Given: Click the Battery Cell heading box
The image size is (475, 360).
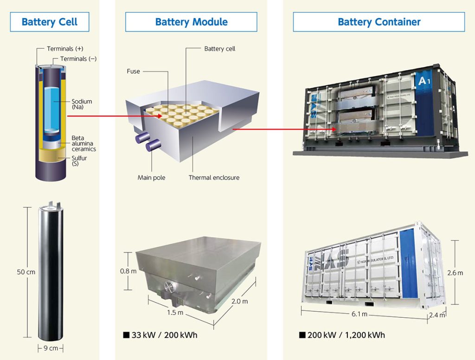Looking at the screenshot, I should pos(49,22).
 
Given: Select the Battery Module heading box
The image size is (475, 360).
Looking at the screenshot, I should pos(191,22).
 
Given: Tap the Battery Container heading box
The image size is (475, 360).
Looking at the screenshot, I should pos(379,22).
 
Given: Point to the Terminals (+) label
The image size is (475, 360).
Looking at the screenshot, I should pos(65,49).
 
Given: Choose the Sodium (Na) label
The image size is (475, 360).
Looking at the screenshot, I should pos(82,104).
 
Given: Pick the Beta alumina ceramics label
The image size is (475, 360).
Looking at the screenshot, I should pos(83,144).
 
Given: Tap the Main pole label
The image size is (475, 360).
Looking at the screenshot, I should pos(151,178).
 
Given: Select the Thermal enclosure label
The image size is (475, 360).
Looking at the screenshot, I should pos(214,178).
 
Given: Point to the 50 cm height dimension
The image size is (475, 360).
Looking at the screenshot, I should pos(26,272).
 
